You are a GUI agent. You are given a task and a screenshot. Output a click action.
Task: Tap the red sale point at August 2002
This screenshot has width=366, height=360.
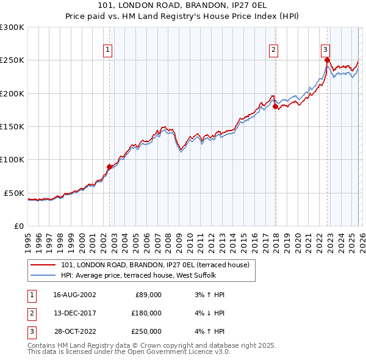pyautogui.click(x=110, y=167)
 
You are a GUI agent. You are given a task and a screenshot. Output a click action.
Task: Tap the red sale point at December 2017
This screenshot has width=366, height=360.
pyautogui.click(x=275, y=106)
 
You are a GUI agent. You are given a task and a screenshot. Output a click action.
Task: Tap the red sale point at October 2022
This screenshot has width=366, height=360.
pyautogui.click(x=328, y=60)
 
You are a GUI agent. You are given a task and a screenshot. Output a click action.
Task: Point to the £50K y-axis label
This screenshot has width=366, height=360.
pyautogui.click(x=15, y=193)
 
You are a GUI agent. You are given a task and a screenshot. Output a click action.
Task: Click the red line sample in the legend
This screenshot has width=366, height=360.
pyautogui.click(x=44, y=265)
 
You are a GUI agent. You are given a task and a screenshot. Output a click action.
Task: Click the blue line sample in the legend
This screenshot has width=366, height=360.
pyautogui.click(x=44, y=275)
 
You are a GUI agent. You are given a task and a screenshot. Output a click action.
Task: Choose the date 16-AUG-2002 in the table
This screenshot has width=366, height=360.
pyautogui.click(x=74, y=295)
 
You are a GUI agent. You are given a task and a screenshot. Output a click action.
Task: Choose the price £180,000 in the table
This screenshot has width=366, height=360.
pyautogui.click(x=146, y=313)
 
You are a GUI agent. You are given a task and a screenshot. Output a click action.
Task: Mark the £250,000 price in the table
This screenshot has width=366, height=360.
pyautogui.click(x=146, y=331)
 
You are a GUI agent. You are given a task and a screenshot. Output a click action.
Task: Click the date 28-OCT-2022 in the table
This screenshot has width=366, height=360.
pyautogui.click(x=74, y=331)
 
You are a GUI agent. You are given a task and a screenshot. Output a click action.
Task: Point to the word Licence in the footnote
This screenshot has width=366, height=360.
pyautogui.click(x=192, y=351)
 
